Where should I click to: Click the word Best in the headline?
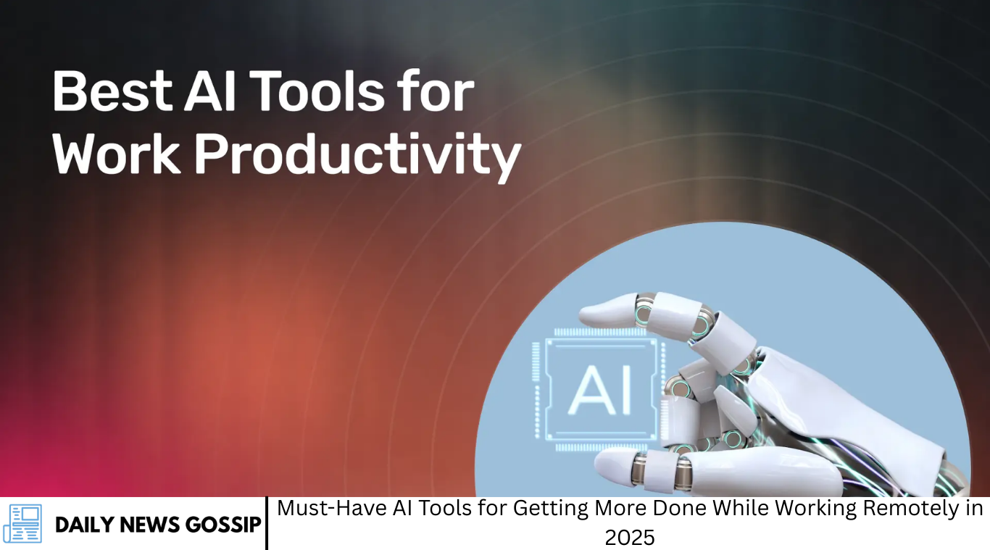coord(112,91)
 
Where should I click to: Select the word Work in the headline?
coord(116,154)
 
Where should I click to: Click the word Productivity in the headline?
coord(358,157)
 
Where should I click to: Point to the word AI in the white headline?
coord(209,91)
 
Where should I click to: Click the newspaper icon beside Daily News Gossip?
coord(22,523)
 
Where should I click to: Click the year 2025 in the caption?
coord(629,538)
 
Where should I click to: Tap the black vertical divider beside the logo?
coord(267,523)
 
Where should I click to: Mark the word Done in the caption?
coord(680,508)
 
